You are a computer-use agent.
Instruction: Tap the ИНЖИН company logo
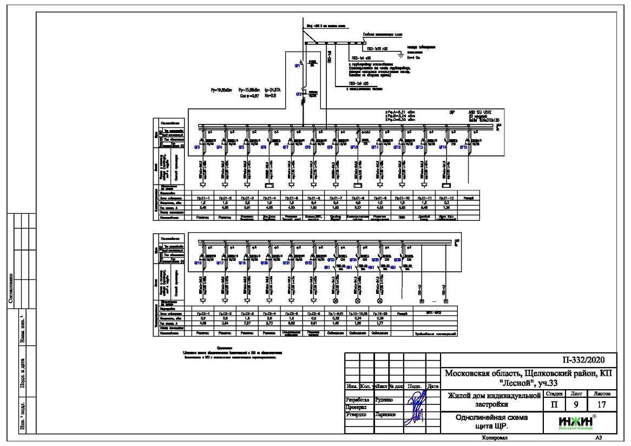[x=577, y=422]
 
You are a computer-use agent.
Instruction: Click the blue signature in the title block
[x=416, y=406]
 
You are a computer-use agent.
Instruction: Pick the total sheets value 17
[x=601, y=404]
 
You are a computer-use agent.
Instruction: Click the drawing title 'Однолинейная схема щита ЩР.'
[x=491, y=422]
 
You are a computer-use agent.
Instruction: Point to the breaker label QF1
[x=297, y=65]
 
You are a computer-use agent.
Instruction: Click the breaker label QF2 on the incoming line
[x=298, y=94]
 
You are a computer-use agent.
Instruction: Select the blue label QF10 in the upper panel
[x=354, y=147]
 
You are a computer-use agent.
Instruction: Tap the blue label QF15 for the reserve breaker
[x=464, y=147]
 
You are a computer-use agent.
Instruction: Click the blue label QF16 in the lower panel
[x=198, y=263]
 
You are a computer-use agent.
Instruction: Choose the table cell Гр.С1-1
[x=203, y=198]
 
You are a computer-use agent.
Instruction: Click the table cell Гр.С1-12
[x=446, y=198]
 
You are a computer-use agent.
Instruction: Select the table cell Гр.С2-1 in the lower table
[x=203, y=313]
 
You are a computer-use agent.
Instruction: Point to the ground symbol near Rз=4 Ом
[x=399, y=54]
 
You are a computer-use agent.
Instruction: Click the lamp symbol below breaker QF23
[x=335, y=300]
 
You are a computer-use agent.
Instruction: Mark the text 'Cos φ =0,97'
[x=249, y=95]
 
